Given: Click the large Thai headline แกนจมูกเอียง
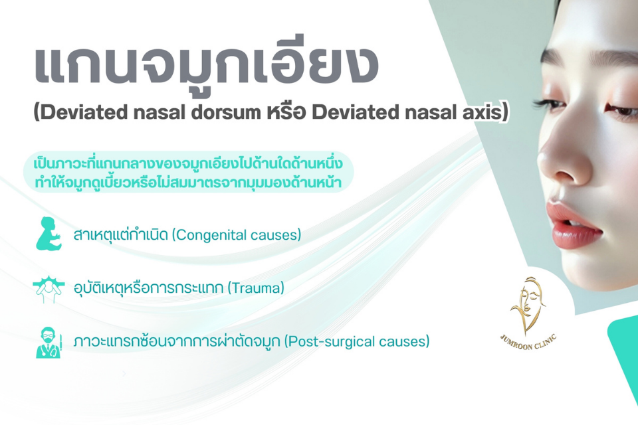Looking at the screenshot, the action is click(206, 65).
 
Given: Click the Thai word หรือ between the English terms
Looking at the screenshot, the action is click(288, 112).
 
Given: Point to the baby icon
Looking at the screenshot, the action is click(49, 234).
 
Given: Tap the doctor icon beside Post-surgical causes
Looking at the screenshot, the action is click(49, 342).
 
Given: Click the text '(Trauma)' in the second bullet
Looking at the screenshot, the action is click(255, 288).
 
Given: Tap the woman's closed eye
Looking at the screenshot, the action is click(622, 110).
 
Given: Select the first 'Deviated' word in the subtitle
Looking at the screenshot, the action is click(84, 113).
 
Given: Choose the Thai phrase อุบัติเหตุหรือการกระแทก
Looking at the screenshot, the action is click(148, 288).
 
